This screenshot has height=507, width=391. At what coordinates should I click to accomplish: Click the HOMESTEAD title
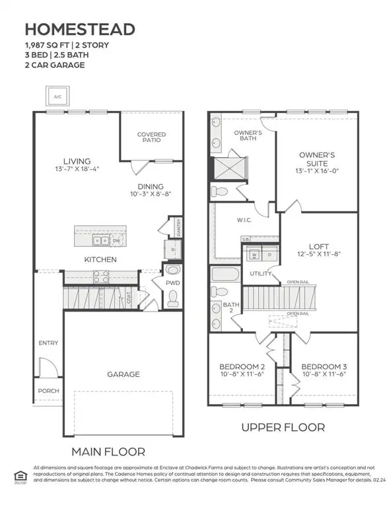(80, 29)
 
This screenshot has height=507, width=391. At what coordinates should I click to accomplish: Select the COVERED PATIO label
(151, 137)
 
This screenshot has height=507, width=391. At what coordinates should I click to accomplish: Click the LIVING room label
(77, 161)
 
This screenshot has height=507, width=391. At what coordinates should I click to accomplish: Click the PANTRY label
(178, 226)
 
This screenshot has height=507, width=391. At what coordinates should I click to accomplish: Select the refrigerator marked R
(171, 250)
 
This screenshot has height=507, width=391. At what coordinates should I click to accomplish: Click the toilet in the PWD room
(173, 298)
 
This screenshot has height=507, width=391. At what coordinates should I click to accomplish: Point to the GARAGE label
(124, 374)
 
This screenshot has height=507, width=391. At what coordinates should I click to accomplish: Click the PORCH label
(48, 390)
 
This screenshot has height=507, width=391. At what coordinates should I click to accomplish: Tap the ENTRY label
(48, 343)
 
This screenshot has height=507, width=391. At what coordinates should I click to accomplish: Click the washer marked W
(254, 254)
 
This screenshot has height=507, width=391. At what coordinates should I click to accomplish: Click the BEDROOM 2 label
(242, 366)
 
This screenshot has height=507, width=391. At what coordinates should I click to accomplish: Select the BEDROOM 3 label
(324, 366)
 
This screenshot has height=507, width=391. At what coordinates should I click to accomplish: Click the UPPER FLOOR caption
(283, 427)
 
